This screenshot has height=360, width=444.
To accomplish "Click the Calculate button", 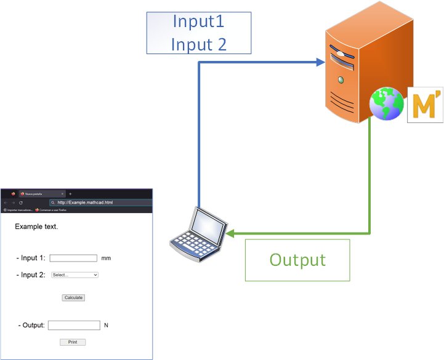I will point(73,297).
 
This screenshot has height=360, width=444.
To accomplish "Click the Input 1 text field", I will point(73,258).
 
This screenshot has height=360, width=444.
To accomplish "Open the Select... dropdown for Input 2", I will point(75,275).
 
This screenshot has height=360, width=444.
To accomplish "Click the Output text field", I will point(74,325).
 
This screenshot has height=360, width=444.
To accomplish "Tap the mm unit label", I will point(106,258).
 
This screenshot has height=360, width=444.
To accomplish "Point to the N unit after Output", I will point(106,325).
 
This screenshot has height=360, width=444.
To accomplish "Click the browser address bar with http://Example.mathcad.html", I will point(99,202).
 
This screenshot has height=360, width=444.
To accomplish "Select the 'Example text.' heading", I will point(36,226).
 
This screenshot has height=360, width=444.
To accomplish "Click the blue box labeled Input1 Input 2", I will point(198,33).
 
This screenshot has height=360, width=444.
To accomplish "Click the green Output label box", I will point(297,260).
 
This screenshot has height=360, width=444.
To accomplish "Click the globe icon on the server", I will point(386,103).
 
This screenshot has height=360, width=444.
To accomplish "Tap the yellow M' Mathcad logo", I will point(425,105).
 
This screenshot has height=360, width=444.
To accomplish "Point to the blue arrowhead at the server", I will point(320,62).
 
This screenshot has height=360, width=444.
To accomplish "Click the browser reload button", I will point(21,202).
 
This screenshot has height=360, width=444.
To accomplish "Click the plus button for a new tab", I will point(70,194).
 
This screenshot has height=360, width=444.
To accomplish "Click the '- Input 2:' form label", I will point(31,275).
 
